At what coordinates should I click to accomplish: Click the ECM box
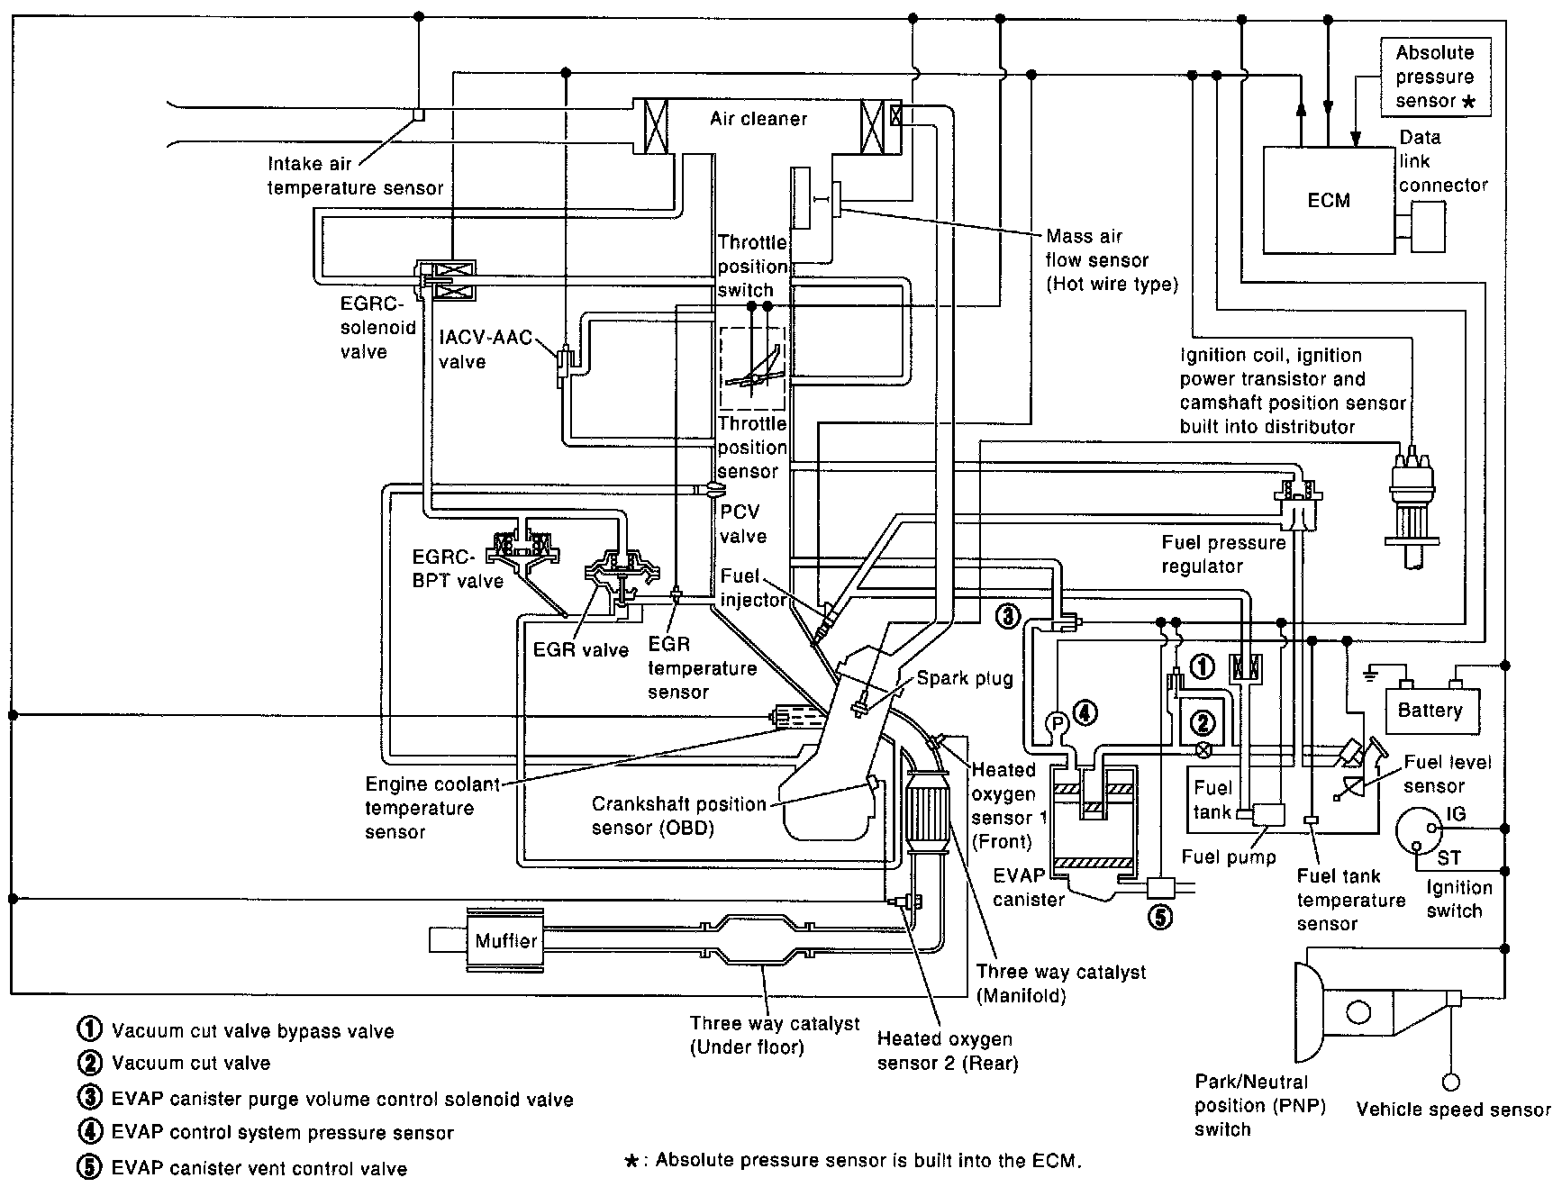(1329, 199)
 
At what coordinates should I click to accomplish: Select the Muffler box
(505, 940)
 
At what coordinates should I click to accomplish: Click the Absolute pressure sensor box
(1435, 77)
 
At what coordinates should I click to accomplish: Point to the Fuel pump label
(1229, 856)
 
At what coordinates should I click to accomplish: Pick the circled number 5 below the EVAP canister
(1160, 917)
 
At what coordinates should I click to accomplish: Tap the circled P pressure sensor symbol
(1055, 722)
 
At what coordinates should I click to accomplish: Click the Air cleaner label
(758, 119)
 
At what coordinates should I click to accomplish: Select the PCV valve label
(743, 524)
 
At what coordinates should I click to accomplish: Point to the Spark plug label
(965, 678)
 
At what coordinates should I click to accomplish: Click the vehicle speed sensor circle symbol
(1451, 1083)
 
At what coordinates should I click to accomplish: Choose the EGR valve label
(581, 649)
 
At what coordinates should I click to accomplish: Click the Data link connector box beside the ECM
(1428, 225)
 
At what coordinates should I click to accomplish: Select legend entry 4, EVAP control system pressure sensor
(267, 1133)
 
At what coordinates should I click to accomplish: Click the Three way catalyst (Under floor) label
(775, 1035)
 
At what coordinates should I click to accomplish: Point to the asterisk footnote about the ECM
(852, 1161)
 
